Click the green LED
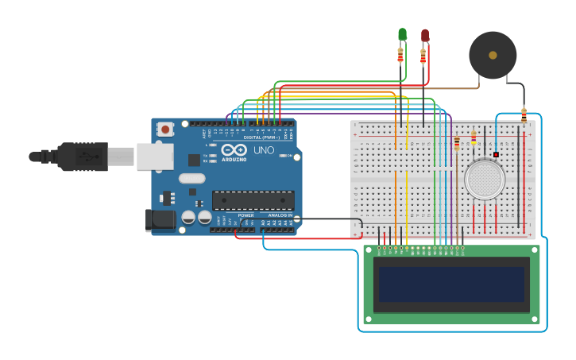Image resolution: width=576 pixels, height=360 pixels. click(x=402, y=34)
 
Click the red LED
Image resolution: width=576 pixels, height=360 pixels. click(x=425, y=36)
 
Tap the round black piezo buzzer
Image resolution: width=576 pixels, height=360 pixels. click(x=493, y=55)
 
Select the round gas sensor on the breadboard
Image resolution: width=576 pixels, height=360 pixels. click(x=485, y=179)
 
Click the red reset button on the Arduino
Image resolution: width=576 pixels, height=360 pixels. click(x=165, y=129)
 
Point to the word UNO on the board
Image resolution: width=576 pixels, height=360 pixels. click(x=264, y=150)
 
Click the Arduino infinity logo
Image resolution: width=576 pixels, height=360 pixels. click(x=234, y=149)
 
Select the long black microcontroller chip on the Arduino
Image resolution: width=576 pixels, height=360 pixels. click(x=253, y=200)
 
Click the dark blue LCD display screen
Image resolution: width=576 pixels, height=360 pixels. click(x=451, y=284)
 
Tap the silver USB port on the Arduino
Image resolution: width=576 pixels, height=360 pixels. click(x=154, y=157)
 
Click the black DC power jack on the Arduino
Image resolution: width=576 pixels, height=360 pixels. click(x=160, y=220)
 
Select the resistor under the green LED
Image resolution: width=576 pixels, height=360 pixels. click(x=400, y=56)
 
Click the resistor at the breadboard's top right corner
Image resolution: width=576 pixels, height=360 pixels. click(x=524, y=114)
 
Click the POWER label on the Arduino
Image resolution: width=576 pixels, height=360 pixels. click(x=246, y=215)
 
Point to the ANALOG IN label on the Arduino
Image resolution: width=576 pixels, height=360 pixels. click(x=279, y=215)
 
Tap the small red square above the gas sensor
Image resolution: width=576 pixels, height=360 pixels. click(x=496, y=154)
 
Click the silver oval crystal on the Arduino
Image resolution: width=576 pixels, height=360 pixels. click(x=191, y=179)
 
